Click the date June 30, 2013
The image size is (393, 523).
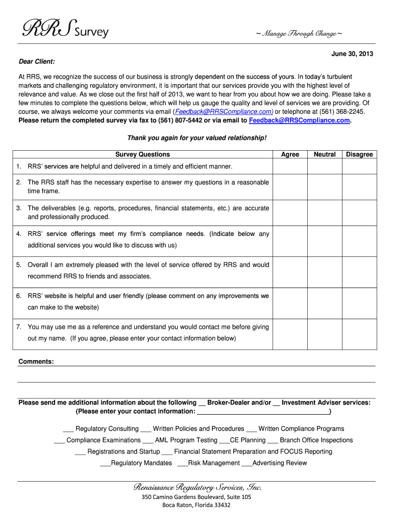click(352, 54)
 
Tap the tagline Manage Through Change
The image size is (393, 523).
click(299, 34)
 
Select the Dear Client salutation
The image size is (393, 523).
click(37, 62)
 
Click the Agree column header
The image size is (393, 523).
click(290, 154)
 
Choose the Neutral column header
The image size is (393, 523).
click(325, 154)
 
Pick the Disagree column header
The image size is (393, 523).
click(359, 154)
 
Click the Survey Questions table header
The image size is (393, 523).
click(142, 154)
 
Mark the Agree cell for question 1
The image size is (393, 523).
click(290, 167)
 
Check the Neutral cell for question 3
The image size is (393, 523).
click(325, 212)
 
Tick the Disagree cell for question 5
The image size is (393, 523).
click(359, 271)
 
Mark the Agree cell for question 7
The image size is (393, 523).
click(290, 333)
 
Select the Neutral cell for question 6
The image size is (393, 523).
click(325, 302)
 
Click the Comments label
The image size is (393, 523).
click(36, 362)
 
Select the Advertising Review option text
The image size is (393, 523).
click(280, 463)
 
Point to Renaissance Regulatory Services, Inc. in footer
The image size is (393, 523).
click(197, 487)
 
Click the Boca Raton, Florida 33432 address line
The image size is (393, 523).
click(196, 505)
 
